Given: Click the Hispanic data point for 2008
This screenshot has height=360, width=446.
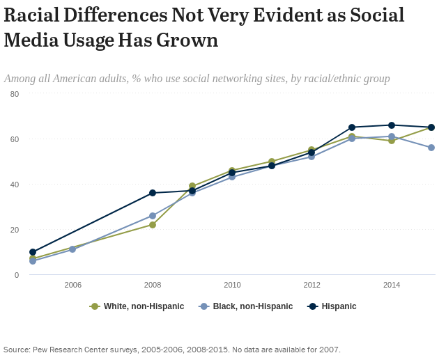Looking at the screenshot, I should click(153, 193).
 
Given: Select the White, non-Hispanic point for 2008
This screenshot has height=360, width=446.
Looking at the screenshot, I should click(153, 225).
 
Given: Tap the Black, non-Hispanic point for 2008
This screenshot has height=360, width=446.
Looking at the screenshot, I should click(153, 216).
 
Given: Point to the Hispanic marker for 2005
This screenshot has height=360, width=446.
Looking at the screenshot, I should click(33, 252).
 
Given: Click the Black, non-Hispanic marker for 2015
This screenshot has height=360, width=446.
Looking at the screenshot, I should click(431, 148).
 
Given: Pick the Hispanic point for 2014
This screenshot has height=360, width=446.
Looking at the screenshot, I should click(392, 125).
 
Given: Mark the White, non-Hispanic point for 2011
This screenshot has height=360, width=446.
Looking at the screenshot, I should click(272, 162).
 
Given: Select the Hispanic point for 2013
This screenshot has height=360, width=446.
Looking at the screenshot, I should click(352, 127).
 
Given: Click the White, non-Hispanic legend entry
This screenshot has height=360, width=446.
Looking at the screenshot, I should click(137, 306).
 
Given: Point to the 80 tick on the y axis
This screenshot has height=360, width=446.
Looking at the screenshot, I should click(15, 94).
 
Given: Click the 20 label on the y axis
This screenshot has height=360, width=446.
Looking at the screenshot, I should click(15, 230).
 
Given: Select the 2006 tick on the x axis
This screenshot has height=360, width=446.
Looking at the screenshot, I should click(72, 285).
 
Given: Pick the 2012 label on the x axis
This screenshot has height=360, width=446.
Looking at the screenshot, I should click(312, 285).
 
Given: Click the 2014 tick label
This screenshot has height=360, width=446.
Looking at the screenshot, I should click(392, 285).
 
